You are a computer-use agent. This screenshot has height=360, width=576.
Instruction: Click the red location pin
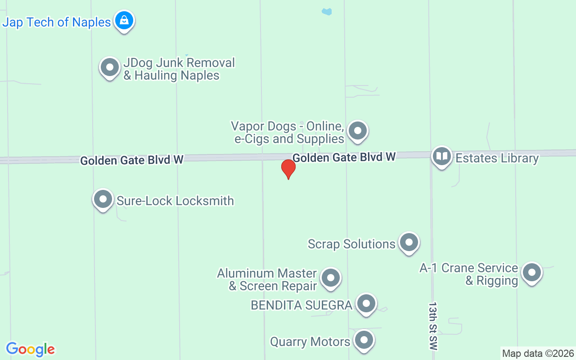click(288, 169)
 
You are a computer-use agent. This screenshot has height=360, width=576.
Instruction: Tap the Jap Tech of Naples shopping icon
click(124, 20)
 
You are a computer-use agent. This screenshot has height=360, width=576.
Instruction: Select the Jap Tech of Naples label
click(57, 22)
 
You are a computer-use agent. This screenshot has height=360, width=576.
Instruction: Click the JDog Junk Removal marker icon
click(109, 67)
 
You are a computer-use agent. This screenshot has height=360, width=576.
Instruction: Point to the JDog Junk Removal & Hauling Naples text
click(179, 69)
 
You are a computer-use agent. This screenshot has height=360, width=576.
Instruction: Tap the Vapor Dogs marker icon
click(358, 131)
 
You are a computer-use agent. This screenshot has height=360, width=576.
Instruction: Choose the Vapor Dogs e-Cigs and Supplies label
click(288, 132)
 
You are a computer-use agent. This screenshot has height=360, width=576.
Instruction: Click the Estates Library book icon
click(442, 157)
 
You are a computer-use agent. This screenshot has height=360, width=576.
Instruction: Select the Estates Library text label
click(497, 158)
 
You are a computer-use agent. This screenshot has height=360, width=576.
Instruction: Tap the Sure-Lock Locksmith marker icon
click(103, 199)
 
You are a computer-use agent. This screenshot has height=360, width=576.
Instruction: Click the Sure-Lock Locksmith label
click(175, 201)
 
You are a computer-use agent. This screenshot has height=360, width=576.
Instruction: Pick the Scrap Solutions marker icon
click(409, 243)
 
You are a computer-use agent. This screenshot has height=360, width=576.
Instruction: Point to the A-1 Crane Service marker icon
click(531, 273)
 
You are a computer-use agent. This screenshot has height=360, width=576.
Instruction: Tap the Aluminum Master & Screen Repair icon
click(331, 278)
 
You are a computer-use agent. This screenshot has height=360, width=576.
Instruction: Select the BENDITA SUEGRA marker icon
click(366, 304)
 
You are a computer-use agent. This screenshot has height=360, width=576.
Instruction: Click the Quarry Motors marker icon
click(364, 341)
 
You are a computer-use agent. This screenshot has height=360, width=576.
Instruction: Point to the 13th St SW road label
click(432, 326)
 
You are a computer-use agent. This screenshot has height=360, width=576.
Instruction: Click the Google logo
click(30, 349)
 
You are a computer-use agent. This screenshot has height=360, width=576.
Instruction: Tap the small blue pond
click(327, 12)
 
